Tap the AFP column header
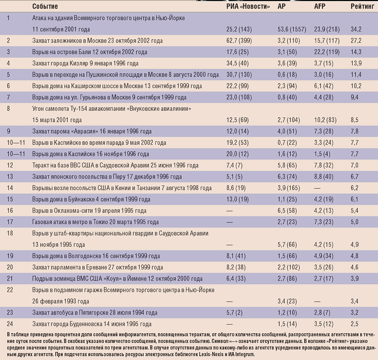tap(320, 7)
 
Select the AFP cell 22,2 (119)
tap(329, 52)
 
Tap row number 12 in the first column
tap(10, 165)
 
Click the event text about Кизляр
tap(85, 63)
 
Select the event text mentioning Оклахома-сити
tap(89, 211)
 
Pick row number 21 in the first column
tap(10, 279)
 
